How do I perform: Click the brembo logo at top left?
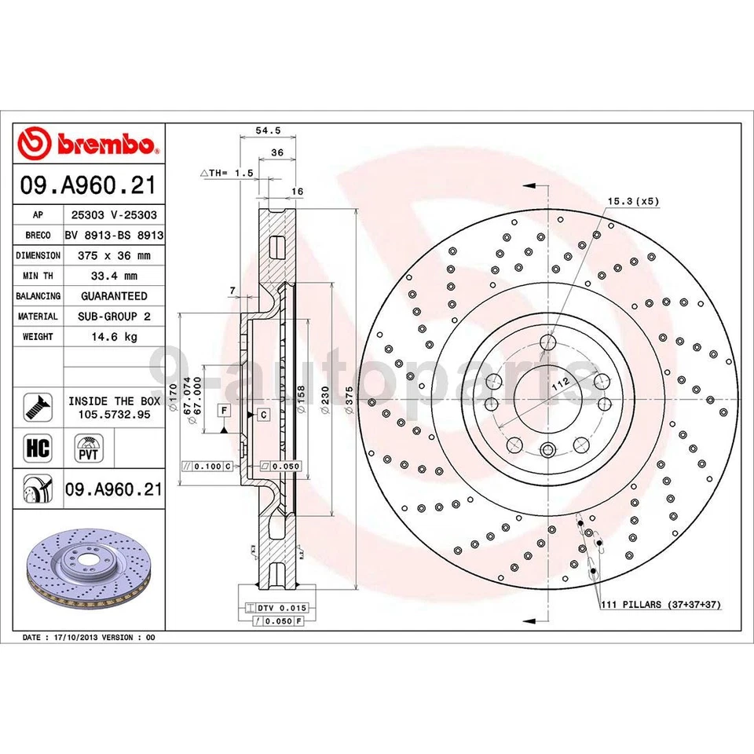[88, 145]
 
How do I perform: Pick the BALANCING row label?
[38, 296]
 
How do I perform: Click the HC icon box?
[38, 449]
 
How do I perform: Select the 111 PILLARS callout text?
[661, 605]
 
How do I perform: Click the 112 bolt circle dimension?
[559, 384]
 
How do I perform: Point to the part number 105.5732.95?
[114, 414]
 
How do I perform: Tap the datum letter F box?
[224, 411]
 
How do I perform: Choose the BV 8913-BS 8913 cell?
[114, 235]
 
